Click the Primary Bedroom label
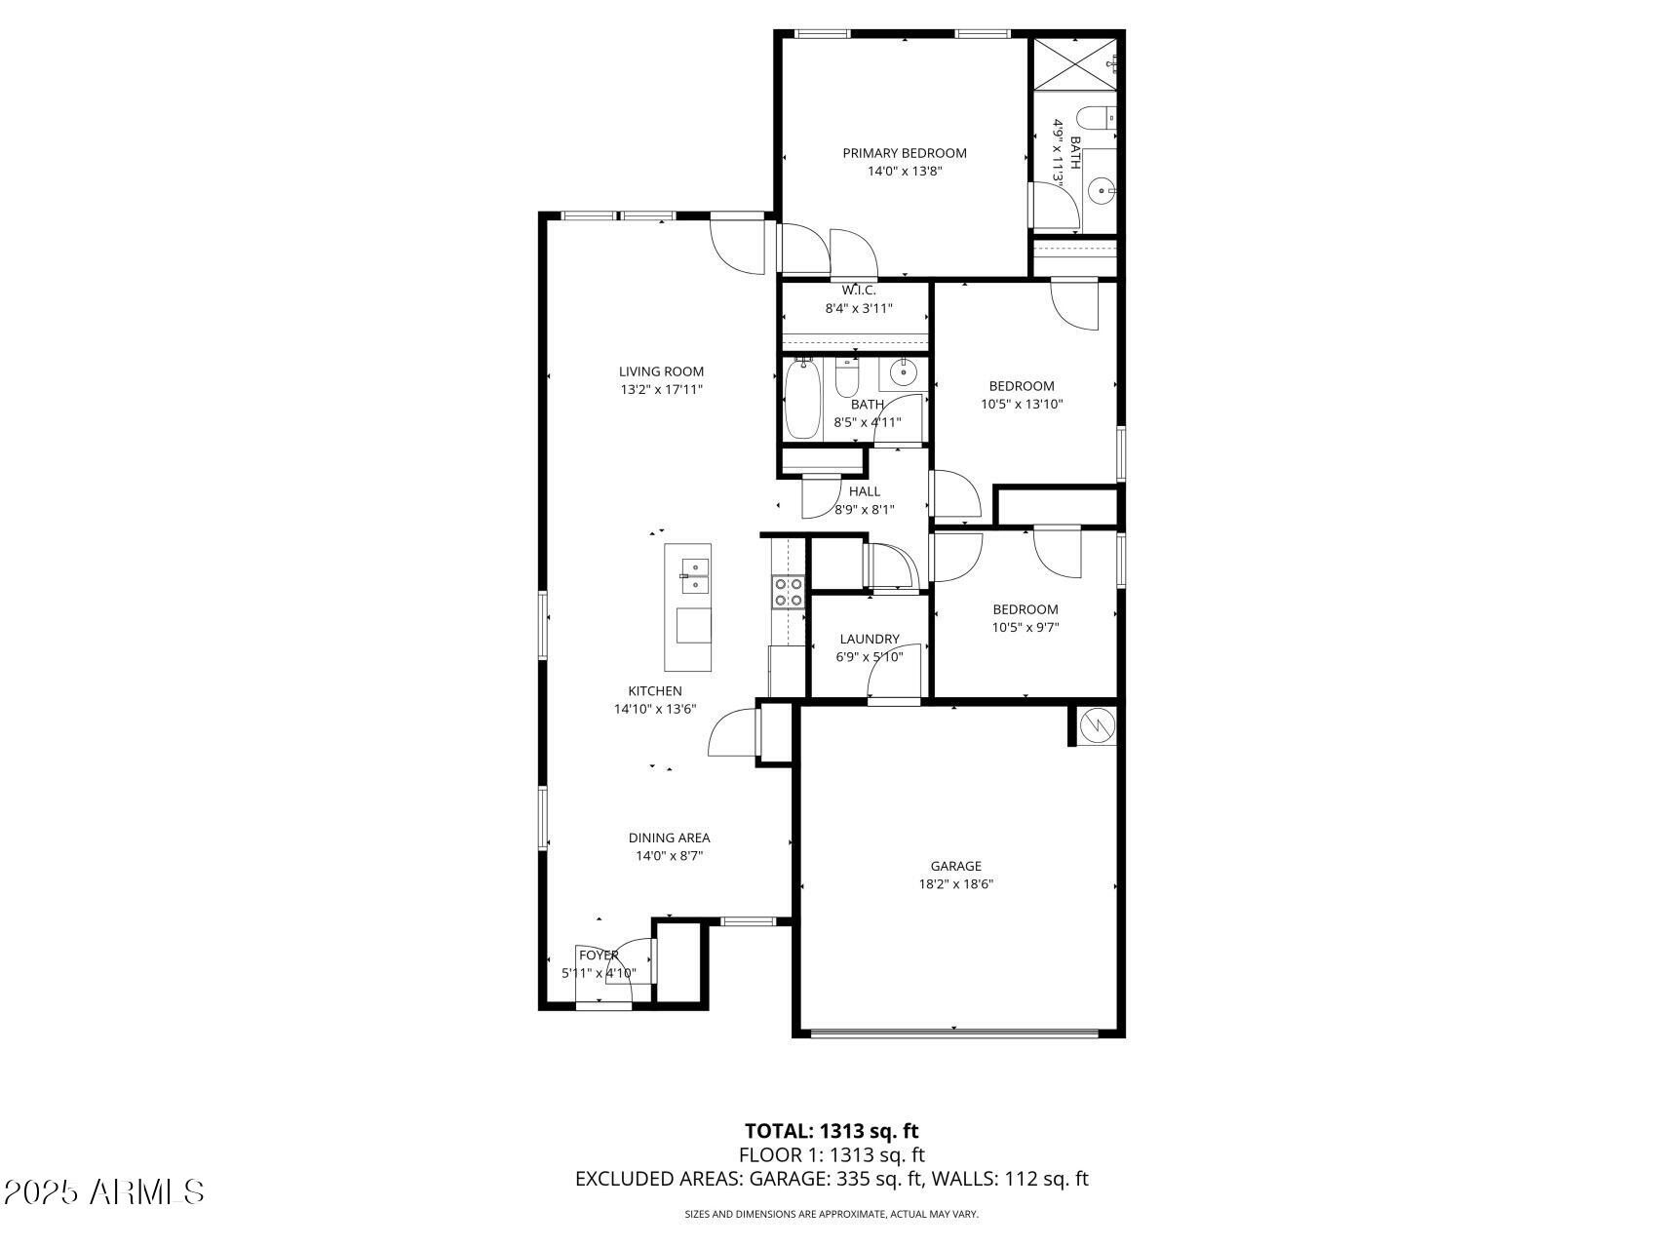905,153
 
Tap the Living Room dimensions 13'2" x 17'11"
662,390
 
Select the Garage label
955,866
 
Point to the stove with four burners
789,592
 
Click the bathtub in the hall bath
802,400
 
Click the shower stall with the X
1075,63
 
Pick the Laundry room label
870,640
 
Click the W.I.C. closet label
859,291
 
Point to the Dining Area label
669,838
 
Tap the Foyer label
599,955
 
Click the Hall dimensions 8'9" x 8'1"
865,509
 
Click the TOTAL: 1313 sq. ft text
832,1131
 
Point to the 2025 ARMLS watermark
103,1191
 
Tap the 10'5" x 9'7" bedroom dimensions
1025,628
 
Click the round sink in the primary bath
1102,191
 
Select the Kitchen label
655,691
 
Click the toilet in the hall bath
845,378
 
